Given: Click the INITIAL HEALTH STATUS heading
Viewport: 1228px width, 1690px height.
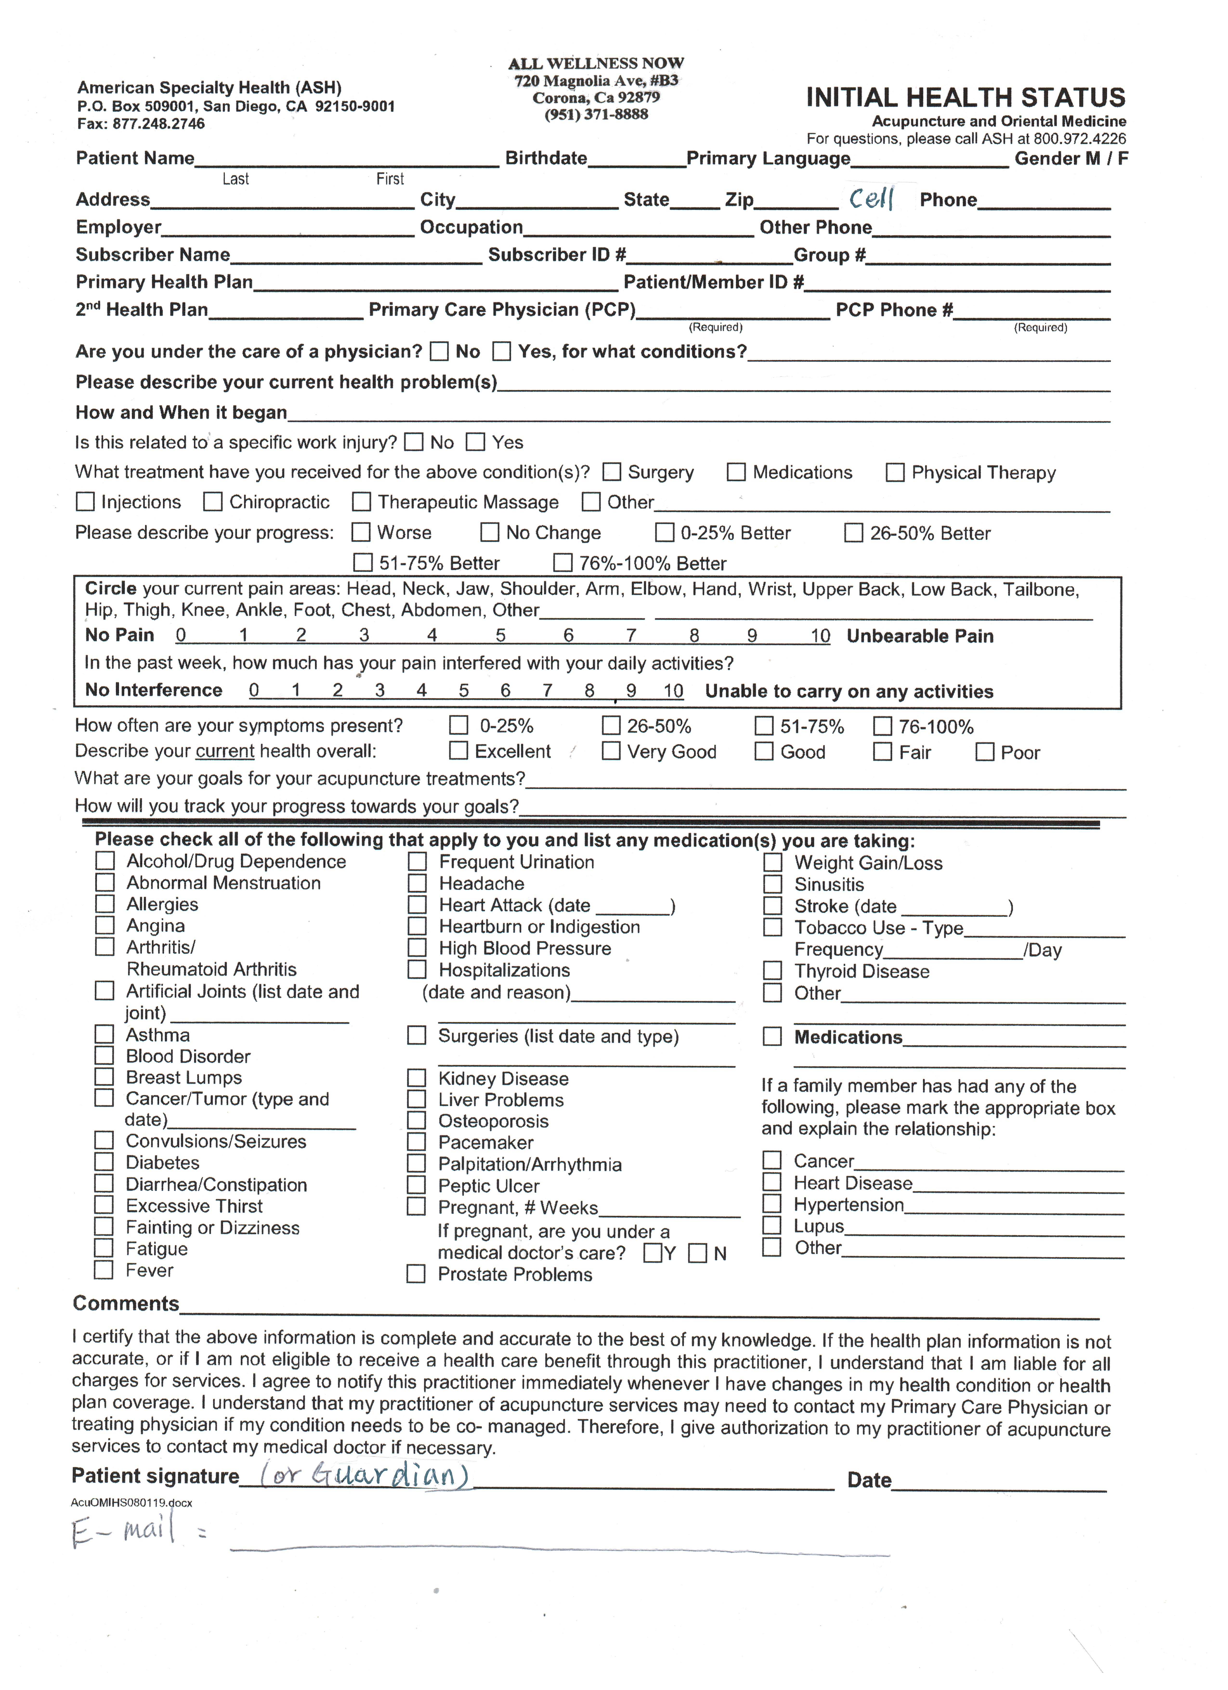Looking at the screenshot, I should [965, 98].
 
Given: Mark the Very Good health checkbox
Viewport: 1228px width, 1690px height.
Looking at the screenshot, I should [611, 751].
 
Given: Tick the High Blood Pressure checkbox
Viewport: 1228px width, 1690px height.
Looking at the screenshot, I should [417, 948].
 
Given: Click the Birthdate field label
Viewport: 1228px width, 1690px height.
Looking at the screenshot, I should [546, 158].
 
